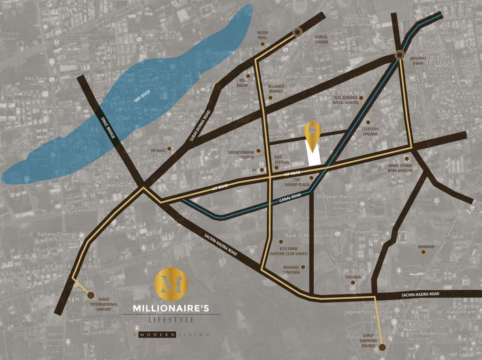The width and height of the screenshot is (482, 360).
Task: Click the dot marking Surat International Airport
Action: click(x=91, y=295)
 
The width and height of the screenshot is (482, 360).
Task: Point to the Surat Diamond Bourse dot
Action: click(x=382, y=347)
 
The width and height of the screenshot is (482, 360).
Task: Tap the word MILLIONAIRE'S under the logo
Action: click(x=170, y=309)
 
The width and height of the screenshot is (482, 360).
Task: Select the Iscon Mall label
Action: click(x=263, y=35)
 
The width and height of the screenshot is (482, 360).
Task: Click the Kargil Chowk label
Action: click(x=322, y=39)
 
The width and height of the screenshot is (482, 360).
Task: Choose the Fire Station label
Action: click(x=282, y=160)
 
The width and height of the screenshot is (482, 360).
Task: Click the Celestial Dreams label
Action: click(x=370, y=132)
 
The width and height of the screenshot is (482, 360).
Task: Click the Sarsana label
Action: click(x=353, y=277)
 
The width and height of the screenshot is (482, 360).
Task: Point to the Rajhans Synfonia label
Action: click(x=291, y=270)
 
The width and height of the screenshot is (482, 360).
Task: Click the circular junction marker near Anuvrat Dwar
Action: click(x=399, y=55)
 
